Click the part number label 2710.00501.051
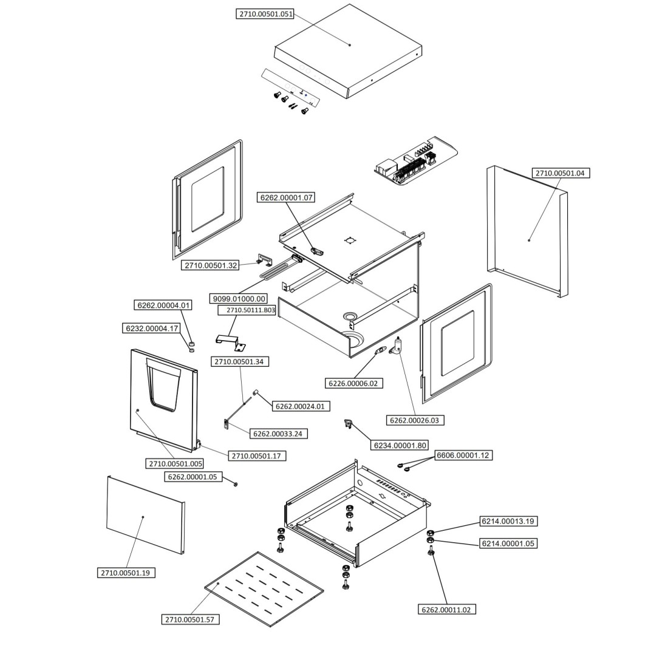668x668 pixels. pyautogui.click(x=265, y=14)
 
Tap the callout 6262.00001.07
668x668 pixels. pyautogui.click(x=287, y=197)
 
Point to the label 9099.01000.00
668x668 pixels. pyautogui.click(x=238, y=299)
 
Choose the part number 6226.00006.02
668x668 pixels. pyautogui.click(x=353, y=383)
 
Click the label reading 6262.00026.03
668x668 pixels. pyautogui.click(x=415, y=420)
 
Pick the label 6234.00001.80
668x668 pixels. pyautogui.click(x=401, y=446)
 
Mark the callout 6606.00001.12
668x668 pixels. pyautogui.click(x=463, y=455)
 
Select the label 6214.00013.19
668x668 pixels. pyautogui.click(x=509, y=521)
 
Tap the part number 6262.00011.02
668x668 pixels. pyautogui.click(x=447, y=609)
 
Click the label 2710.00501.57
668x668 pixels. pyautogui.click(x=191, y=619)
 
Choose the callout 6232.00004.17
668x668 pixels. pyautogui.click(x=152, y=329)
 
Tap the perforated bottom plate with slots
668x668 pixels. pyautogui.click(x=265, y=587)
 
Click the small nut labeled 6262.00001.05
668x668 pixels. pyautogui.click(x=236, y=483)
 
